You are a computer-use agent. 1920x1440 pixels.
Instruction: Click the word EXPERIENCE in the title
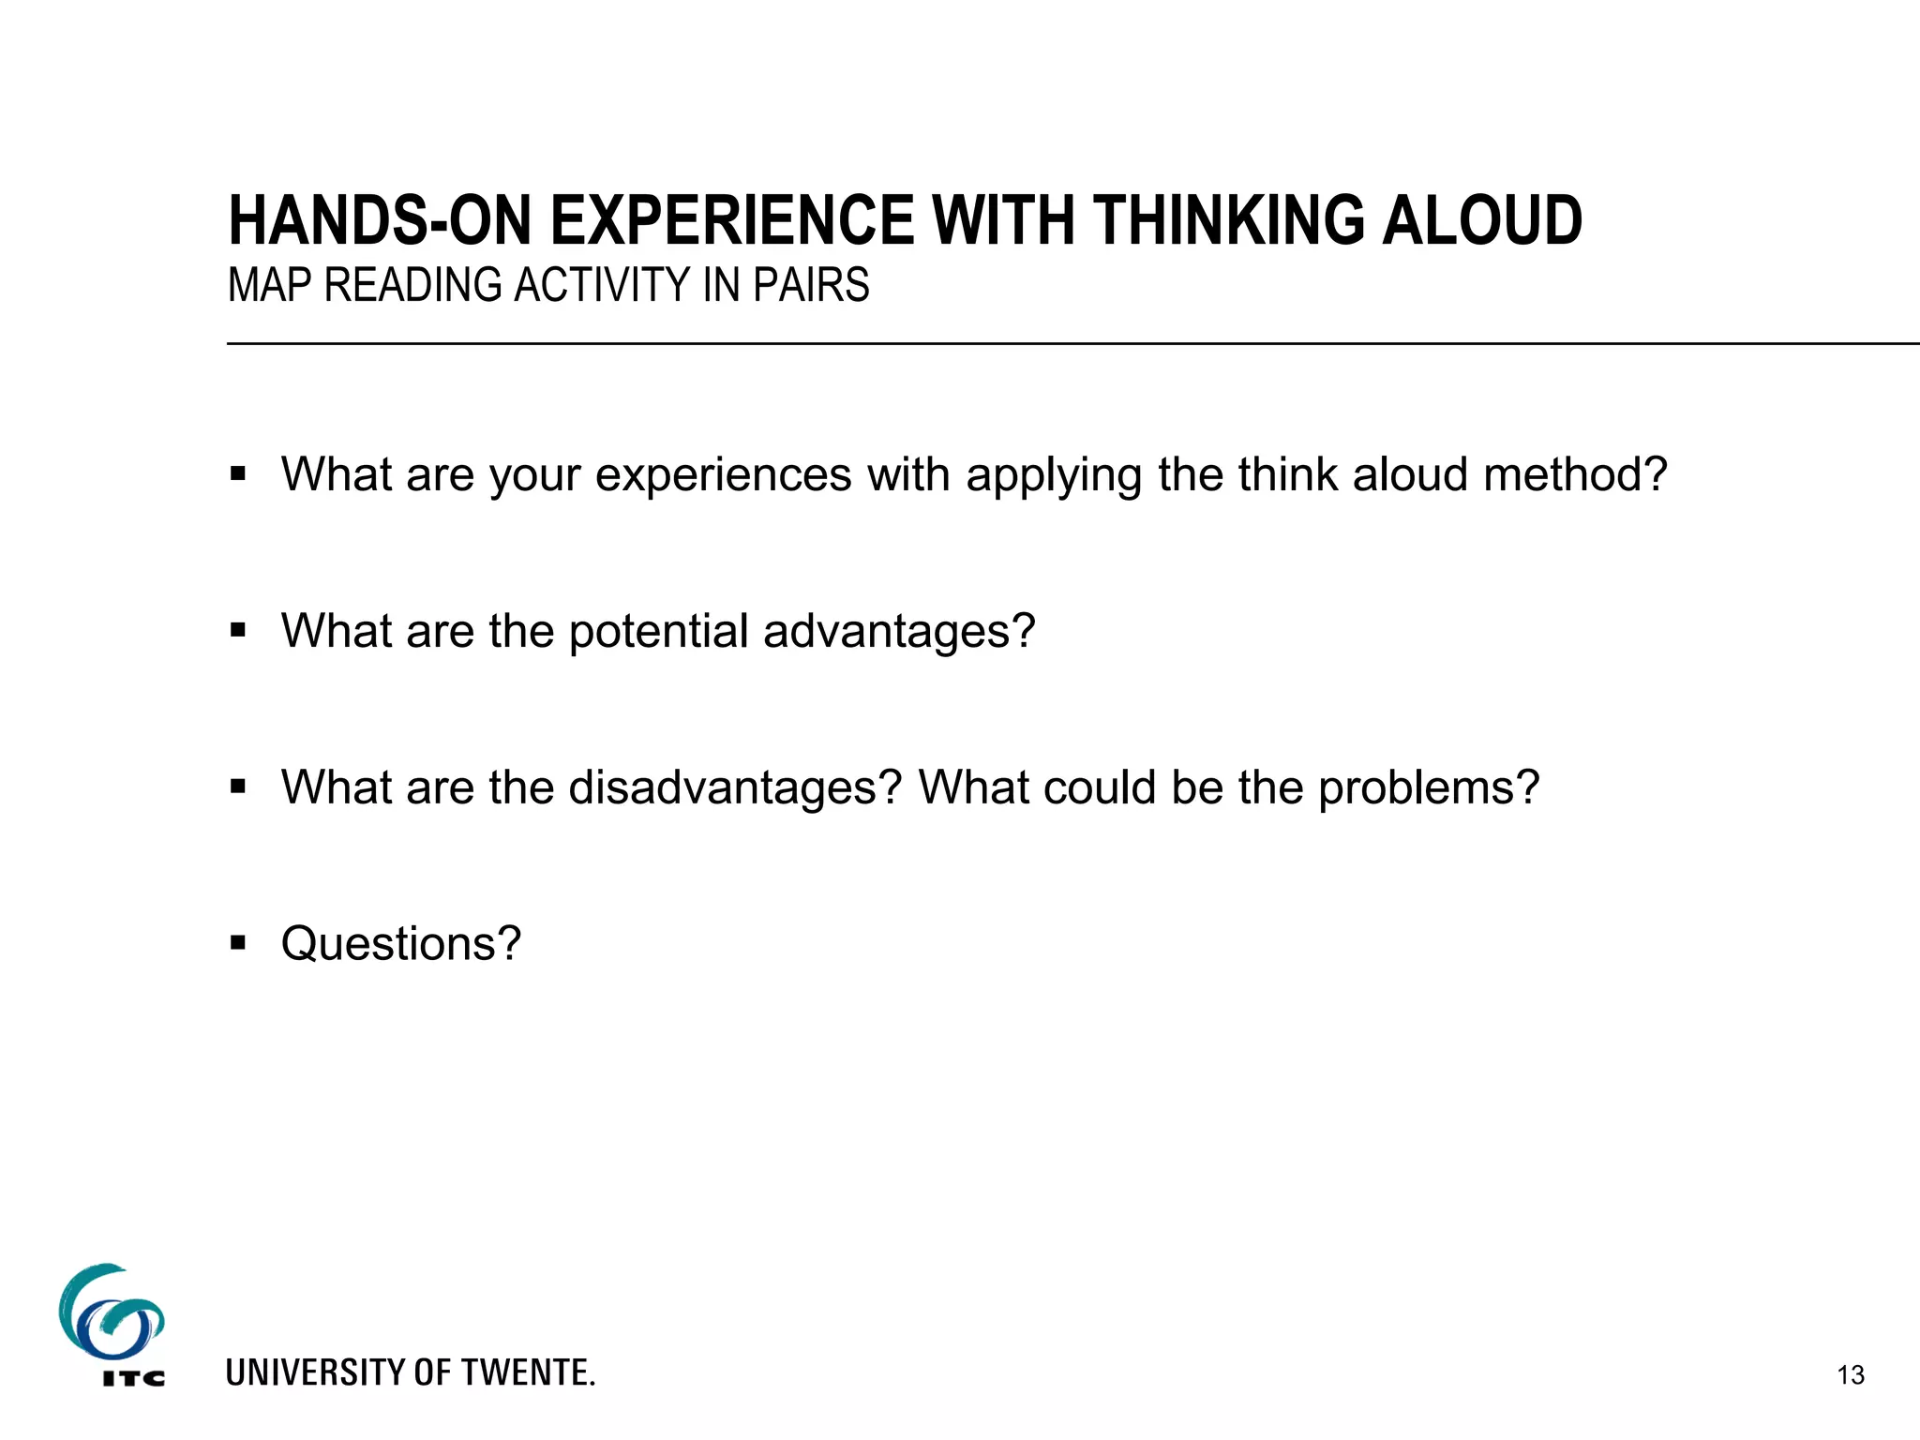click(731, 221)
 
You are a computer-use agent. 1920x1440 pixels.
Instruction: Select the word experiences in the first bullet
click(723, 474)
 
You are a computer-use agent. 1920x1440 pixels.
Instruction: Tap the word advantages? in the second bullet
click(899, 632)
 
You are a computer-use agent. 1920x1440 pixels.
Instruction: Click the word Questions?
click(400, 943)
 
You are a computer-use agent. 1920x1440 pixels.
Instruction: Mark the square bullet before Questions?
click(238, 942)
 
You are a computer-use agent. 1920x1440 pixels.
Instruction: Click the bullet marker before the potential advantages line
click(238, 630)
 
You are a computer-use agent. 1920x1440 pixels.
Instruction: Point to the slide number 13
click(1851, 1375)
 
